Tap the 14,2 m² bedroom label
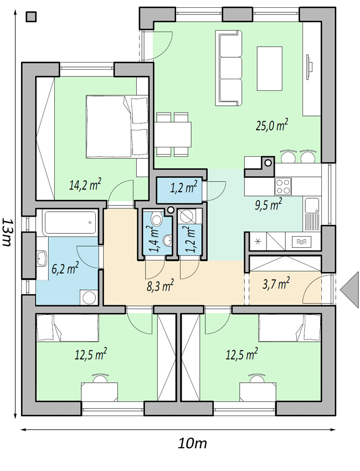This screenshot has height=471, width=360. point(85,184)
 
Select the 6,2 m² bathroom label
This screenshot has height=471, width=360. point(65,268)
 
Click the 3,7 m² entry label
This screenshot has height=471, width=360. point(276,283)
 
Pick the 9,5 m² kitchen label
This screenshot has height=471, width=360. point(269,204)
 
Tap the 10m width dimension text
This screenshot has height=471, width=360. point(192,443)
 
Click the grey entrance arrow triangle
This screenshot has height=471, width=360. point(350,290)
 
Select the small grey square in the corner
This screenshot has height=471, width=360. point(31,17)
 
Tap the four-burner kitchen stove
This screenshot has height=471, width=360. point(282,187)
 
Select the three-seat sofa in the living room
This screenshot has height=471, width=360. point(229,68)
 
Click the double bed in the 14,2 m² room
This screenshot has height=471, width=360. point(117,126)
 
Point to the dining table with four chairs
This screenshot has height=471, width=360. point(173,134)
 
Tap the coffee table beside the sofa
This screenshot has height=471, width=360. point(270,69)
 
